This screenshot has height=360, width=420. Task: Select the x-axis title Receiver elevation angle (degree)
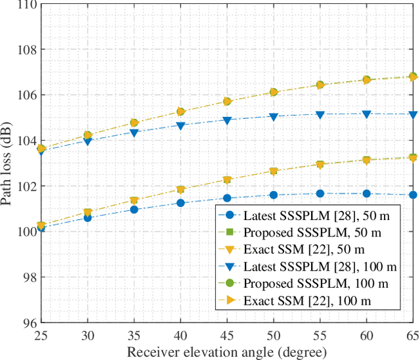coord(227,353)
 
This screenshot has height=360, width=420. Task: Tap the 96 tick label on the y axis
coord(30,323)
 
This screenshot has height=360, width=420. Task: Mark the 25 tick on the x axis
coord(41,335)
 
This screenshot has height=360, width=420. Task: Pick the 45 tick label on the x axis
coord(227,335)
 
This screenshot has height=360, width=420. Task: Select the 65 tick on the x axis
coord(413,335)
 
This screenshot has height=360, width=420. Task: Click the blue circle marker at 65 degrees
coord(413,194)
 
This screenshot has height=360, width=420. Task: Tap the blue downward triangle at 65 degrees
coord(413,115)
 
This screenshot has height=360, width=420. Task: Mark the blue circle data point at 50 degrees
coord(274,194)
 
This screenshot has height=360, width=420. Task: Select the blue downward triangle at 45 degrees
coord(227,120)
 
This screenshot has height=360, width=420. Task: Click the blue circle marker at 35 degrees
coord(134,210)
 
